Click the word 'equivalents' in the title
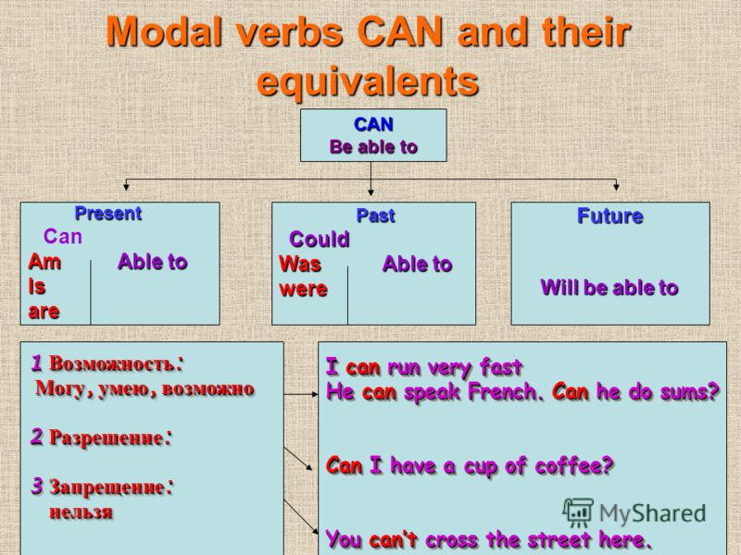(368, 80)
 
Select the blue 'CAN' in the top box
(373, 125)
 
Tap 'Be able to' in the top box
(373, 147)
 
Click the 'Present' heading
(108, 214)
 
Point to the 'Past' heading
(375, 216)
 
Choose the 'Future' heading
(610, 216)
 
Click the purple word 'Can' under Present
(63, 237)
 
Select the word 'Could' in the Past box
(320, 240)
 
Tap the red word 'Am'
(44, 262)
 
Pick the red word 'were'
(304, 290)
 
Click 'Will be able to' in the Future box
(609, 288)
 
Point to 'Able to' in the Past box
(418, 264)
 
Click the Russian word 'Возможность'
(111, 364)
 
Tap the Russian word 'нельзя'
(82, 512)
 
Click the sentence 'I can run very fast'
(424, 367)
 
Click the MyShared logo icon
(577, 512)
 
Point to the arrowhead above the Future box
(616, 187)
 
